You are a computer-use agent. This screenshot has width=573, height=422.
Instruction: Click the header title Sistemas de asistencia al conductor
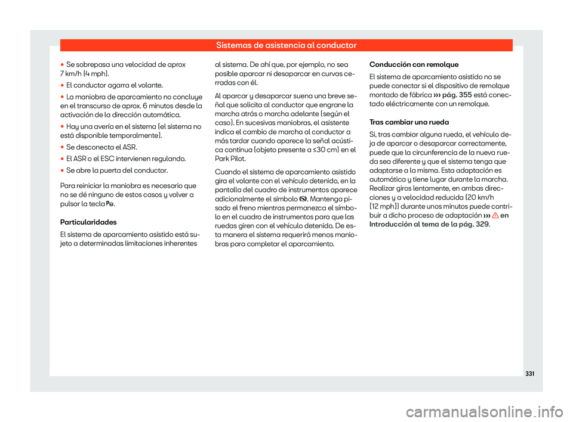pyautogui.click(x=286, y=45)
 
